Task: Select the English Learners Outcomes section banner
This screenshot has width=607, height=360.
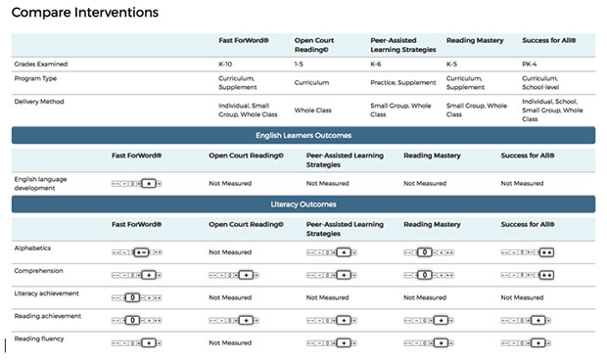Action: point(303,135)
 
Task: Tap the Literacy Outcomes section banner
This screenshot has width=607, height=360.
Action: point(303,203)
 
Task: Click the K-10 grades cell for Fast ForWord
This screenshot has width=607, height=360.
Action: point(227,65)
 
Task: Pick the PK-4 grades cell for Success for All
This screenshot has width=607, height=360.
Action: point(532,65)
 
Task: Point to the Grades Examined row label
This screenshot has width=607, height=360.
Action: point(41,65)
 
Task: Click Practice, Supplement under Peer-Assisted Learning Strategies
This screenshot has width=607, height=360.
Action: point(401,82)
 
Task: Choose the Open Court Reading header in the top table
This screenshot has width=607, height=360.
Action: point(314,45)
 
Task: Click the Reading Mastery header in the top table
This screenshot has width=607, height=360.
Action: point(475,41)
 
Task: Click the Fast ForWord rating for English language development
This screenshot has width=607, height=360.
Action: point(137,183)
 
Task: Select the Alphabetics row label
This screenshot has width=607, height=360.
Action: point(32,248)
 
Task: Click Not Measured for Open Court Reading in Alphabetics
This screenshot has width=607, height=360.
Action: point(230,251)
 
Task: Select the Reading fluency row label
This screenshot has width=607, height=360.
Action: point(40,338)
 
